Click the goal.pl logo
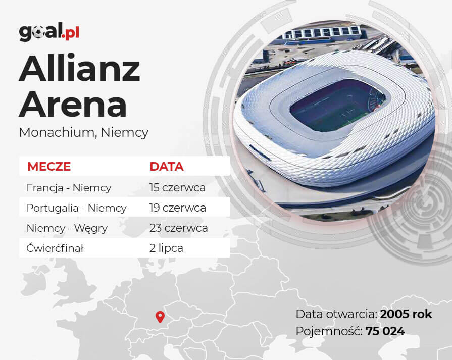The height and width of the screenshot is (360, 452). [x=49, y=32]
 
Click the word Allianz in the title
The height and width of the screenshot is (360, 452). [x=80, y=68]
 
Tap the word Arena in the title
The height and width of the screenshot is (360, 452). [x=73, y=104]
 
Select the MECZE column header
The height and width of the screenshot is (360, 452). [x=49, y=167]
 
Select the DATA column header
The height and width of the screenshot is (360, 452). [x=167, y=167]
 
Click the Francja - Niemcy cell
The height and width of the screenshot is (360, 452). [x=69, y=188]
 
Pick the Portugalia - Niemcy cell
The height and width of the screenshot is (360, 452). [x=76, y=208]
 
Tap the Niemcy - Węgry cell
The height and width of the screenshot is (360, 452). [x=67, y=228]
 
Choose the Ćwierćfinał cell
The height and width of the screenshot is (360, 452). [x=55, y=248]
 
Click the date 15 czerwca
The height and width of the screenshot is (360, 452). [x=177, y=188]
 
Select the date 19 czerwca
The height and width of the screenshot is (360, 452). [x=178, y=208]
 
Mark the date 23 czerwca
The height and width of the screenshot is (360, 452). [x=178, y=228]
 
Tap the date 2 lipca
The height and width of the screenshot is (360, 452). [x=166, y=248]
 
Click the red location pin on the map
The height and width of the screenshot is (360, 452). [x=160, y=317]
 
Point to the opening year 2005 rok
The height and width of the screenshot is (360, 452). [x=406, y=314]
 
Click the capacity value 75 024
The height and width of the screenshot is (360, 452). [x=385, y=331]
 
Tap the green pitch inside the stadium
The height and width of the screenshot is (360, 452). [x=338, y=106]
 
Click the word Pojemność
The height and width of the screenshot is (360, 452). [x=329, y=331]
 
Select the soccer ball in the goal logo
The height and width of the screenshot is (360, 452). [x=38, y=33]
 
